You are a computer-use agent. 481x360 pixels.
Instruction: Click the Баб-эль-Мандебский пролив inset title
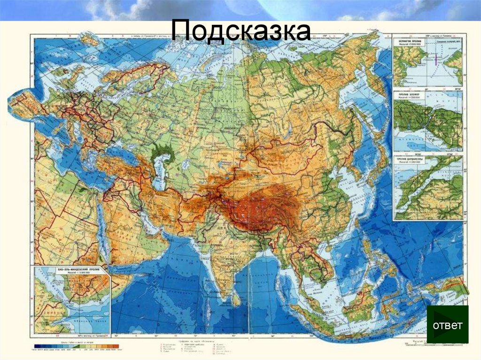click(x=71, y=271)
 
